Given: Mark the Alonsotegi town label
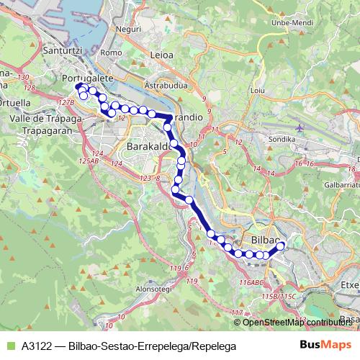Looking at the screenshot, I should point(152,289).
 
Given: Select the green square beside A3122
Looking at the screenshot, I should point(9,346).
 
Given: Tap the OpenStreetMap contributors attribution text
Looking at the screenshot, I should point(299,322).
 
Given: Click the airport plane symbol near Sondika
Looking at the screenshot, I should point(300,128).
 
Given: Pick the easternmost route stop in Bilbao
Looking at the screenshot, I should point(281,246).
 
